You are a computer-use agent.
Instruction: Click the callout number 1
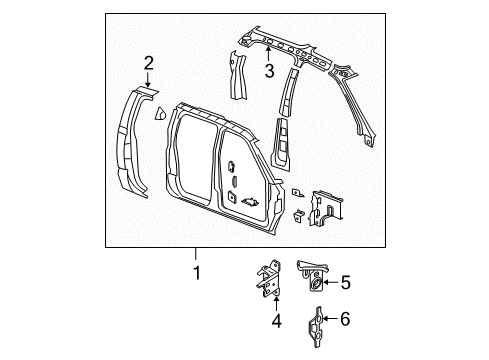pos(196,272)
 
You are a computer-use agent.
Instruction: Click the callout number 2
pos(148,65)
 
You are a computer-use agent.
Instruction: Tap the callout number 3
pos(268,71)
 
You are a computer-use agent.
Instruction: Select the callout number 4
pos(273,321)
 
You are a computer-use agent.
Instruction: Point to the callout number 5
pos(346,283)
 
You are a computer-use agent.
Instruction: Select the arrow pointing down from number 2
pos(148,82)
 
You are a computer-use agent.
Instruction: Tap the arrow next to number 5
pos(331,283)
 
